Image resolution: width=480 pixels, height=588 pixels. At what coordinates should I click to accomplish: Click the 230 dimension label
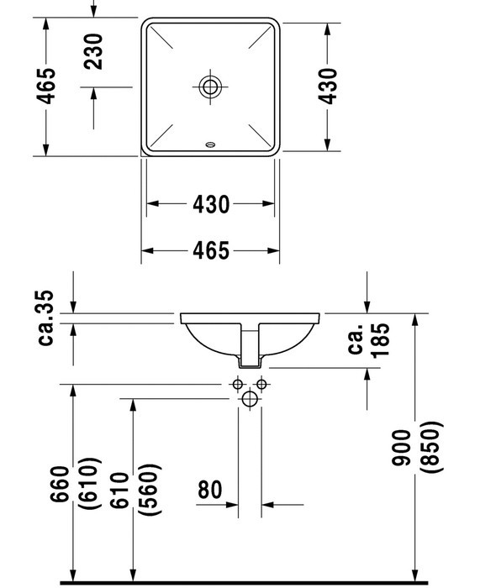93,51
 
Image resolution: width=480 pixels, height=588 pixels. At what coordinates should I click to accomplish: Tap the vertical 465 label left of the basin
45,86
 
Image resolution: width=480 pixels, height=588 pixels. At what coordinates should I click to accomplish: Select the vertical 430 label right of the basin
328,86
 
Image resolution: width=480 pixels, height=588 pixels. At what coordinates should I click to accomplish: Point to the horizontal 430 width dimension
210,204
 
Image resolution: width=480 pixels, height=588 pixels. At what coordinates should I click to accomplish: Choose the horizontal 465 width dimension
210,250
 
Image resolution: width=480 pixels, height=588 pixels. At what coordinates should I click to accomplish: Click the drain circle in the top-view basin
210,87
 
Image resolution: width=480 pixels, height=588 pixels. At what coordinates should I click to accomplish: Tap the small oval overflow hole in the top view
210,144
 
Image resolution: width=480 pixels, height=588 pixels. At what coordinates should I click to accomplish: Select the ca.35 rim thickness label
46,318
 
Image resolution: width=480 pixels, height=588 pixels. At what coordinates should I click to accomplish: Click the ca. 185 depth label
369,339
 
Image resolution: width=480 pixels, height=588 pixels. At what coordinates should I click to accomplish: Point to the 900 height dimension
401,448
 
